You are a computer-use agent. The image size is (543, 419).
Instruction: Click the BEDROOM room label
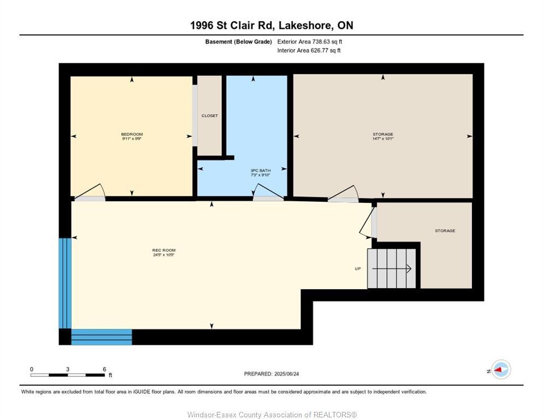[x=132, y=134]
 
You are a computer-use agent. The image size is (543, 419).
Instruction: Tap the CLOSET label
[x=209, y=116]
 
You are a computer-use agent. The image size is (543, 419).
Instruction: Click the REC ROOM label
[x=163, y=250]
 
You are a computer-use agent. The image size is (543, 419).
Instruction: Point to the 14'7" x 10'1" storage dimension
[x=382, y=139]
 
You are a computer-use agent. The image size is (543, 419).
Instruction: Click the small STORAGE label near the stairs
[x=445, y=231]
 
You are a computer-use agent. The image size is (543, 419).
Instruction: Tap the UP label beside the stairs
[x=358, y=268]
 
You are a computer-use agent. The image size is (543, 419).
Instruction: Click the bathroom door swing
[x=268, y=192]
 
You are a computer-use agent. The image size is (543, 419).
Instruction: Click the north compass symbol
[x=500, y=370]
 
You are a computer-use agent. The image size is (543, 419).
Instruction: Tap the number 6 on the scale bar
[x=104, y=369]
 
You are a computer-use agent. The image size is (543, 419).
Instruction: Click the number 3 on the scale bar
[x=68, y=369]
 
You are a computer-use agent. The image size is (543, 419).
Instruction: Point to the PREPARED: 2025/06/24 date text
[x=271, y=374]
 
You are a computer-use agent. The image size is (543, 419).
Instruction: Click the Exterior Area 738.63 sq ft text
[x=309, y=41]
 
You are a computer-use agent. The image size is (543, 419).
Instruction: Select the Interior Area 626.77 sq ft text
[x=309, y=51]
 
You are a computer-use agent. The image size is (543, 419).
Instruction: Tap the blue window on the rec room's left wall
[x=65, y=283]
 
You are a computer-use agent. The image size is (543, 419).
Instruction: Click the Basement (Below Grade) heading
[x=238, y=41]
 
